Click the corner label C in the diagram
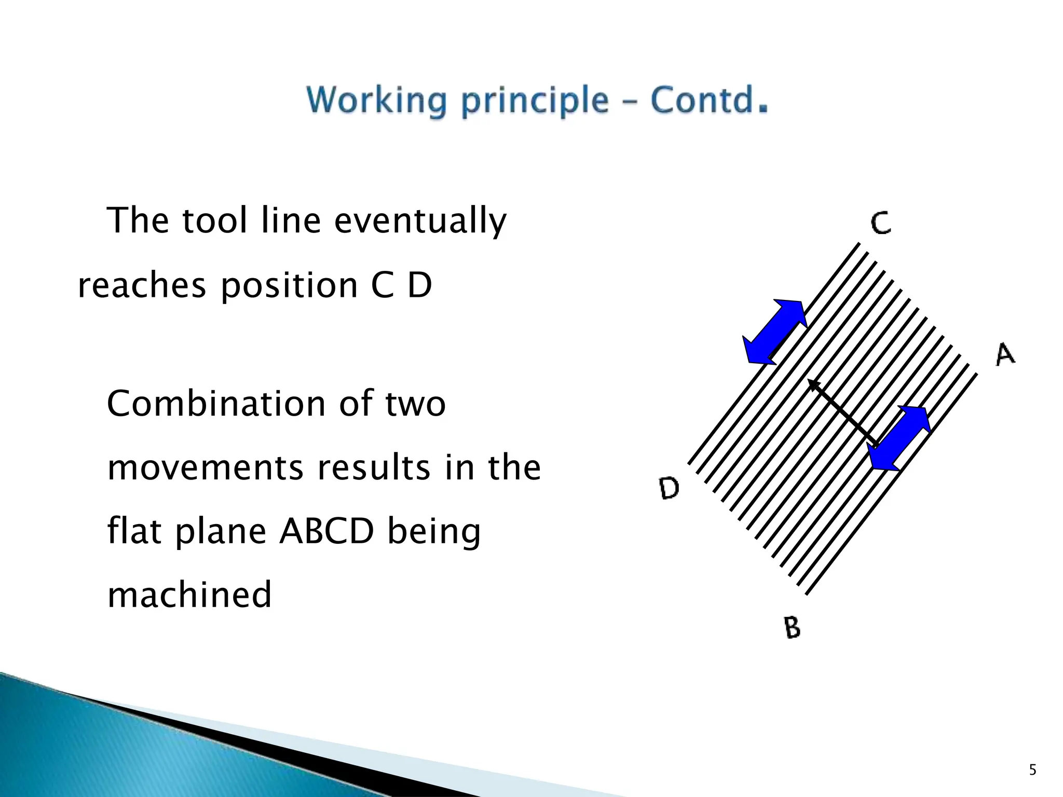[x=881, y=223]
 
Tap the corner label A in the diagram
[x=1005, y=355]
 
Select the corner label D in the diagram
[x=669, y=488]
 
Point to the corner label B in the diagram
[x=792, y=627]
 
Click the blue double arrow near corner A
[x=899, y=438]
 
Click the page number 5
[x=1032, y=770]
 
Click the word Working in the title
[x=376, y=100]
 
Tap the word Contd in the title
[x=702, y=100]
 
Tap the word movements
[x=205, y=468]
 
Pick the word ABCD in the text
[x=326, y=531]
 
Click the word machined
[x=189, y=595]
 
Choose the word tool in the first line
[x=215, y=221]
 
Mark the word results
[x=374, y=468]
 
